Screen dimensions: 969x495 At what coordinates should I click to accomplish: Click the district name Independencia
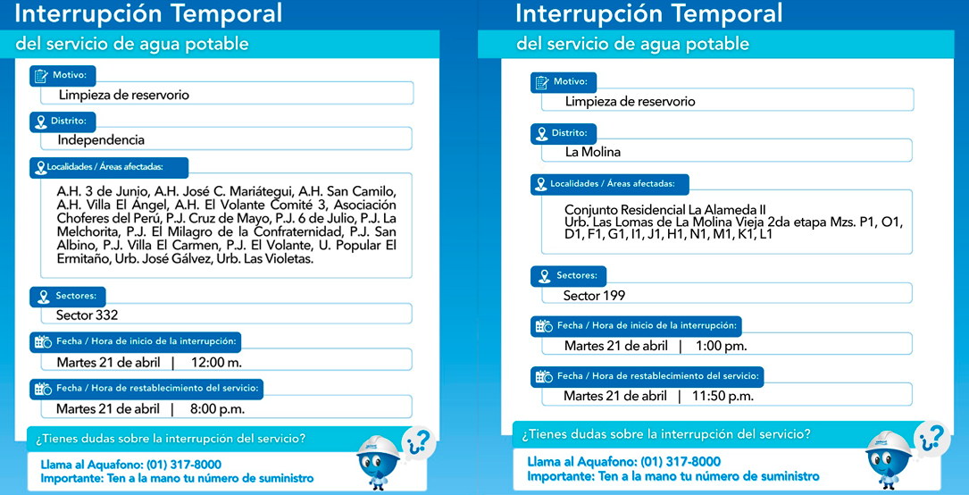pyautogui.click(x=101, y=139)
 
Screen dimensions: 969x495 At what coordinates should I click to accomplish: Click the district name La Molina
pyautogui.click(x=593, y=152)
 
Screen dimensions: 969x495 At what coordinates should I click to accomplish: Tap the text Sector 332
pyautogui.click(x=87, y=315)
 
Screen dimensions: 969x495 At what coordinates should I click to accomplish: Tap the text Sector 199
pyautogui.click(x=594, y=295)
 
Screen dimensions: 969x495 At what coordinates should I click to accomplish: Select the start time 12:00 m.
pyautogui.click(x=215, y=362)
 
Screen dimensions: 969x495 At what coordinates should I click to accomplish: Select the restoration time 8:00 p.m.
pyautogui.click(x=216, y=408)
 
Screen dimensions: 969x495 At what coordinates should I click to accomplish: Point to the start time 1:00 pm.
pyautogui.click(x=722, y=346)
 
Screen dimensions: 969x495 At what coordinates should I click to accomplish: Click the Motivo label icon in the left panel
pyautogui.click(x=41, y=75)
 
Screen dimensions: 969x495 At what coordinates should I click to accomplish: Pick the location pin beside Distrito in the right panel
pyautogui.click(x=540, y=133)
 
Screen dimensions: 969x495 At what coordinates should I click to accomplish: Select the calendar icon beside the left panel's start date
pyautogui.click(x=42, y=341)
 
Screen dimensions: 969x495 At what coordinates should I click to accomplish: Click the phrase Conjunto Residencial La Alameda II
pyautogui.click(x=664, y=210)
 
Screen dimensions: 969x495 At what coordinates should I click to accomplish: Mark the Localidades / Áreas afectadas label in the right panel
pyautogui.click(x=619, y=184)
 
